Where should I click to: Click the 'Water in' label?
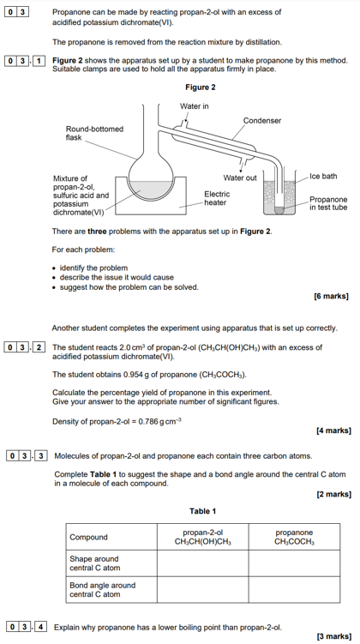pos(195,106)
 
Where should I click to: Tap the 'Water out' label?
pos(240,178)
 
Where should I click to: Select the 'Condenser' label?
pos(262,121)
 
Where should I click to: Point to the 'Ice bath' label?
pos(323,176)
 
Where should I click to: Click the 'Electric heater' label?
pos(217,198)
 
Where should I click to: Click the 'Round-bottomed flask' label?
pos(94,133)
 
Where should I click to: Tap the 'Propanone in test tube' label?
pos(328,203)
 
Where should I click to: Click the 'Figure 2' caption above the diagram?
pos(201,87)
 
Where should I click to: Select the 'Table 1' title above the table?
pos(202,511)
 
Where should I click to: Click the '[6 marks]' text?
pos(331,296)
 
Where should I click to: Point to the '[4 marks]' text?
pos(333,430)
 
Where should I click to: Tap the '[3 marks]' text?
pos(333,636)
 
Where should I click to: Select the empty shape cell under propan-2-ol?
pos(203,563)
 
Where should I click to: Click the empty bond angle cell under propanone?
pos(294,589)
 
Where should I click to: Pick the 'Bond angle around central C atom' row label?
pos(103,590)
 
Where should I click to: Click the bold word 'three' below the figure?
pos(97,232)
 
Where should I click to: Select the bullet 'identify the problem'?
pos(93,268)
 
